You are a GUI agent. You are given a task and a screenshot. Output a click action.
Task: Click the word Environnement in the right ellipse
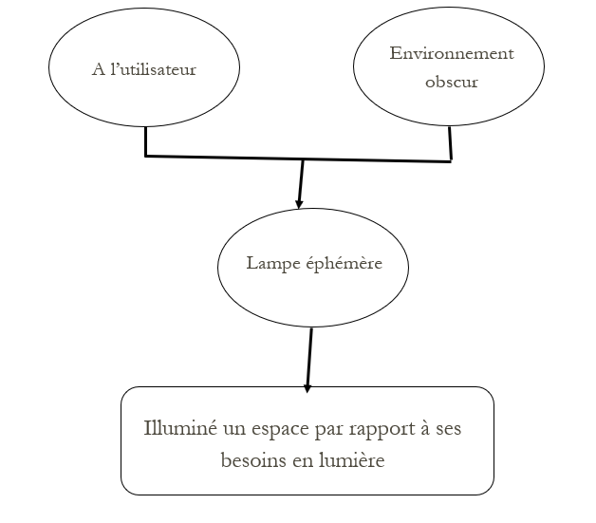click(x=452, y=53)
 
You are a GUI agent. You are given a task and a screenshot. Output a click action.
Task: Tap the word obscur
click(x=452, y=82)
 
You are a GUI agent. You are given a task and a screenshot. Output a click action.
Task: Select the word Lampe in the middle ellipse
click(x=273, y=264)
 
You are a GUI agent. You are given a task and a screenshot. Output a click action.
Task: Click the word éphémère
click(x=344, y=263)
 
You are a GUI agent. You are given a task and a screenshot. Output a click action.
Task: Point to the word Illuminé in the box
click(x=180, y=428)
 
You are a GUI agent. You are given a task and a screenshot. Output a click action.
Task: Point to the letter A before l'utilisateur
click(x=99, y=70)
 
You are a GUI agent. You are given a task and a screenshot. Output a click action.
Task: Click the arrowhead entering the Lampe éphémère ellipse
click(x=299, y=203)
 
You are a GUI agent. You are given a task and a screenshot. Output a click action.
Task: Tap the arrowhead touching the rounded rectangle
click(x=307, y=387)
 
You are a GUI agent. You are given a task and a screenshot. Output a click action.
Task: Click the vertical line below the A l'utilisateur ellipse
click(x=145, y=141)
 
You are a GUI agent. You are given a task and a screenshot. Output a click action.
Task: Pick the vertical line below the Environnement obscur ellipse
click(x=451, y=144)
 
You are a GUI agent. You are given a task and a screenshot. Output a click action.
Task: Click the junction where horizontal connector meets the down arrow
click(x=303, y=159)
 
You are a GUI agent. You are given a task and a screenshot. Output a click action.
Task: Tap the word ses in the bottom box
click(x=449, y=430)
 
